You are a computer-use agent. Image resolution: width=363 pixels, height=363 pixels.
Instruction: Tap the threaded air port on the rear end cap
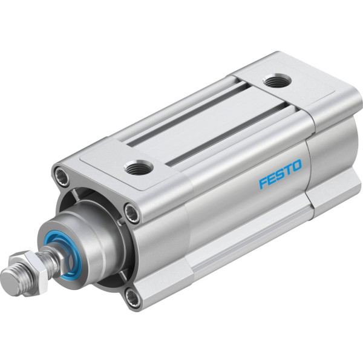coord(277,80)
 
